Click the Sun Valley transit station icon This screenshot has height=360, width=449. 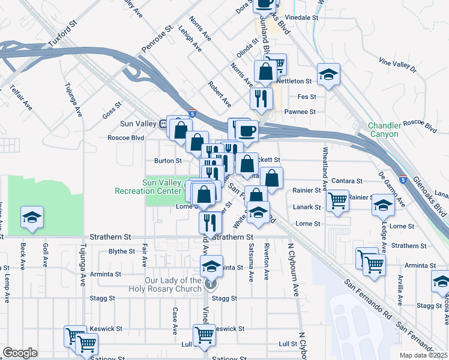point(163,124)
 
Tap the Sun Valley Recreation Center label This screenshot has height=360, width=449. point(148,187)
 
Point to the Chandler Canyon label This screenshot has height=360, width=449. point(384,130)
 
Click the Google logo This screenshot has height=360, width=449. point(20,353)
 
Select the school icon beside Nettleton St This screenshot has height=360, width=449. point(328,74)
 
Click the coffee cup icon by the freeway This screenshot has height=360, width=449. point(246,130)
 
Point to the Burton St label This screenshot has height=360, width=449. point(167,161)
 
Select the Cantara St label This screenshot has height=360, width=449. point(347,181)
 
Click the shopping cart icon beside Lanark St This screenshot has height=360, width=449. point(339,200)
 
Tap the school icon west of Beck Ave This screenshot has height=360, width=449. point(32,217)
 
